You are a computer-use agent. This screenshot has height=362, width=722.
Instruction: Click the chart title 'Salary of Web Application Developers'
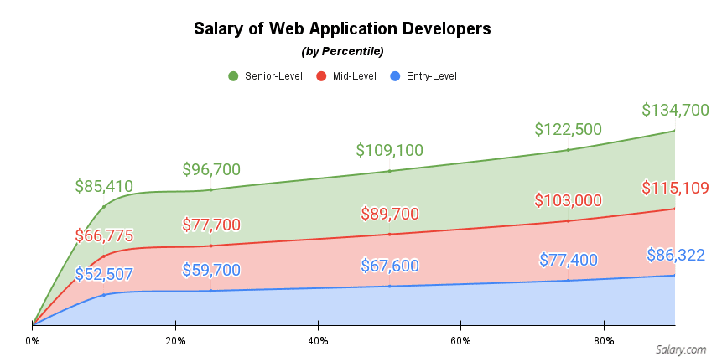341,28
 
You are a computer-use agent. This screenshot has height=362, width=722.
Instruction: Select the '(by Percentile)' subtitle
341,51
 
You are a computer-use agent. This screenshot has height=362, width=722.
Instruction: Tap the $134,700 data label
675,110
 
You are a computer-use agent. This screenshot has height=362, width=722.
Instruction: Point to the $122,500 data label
568,129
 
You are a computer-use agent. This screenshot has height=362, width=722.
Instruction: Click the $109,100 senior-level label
389,150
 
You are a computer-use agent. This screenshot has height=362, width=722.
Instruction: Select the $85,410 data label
104,186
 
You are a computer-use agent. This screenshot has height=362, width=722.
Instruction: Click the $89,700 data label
389,214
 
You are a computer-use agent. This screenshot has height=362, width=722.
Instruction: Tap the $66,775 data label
104,235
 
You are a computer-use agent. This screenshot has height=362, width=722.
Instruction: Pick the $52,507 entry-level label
104,273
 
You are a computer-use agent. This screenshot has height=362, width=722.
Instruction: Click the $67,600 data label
389,266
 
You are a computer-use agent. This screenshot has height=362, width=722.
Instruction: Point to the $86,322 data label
675,255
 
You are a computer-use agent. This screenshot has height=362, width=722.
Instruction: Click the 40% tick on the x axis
317,341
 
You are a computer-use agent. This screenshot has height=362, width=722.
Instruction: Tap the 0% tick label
33,341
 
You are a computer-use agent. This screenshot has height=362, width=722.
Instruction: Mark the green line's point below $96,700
211,189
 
